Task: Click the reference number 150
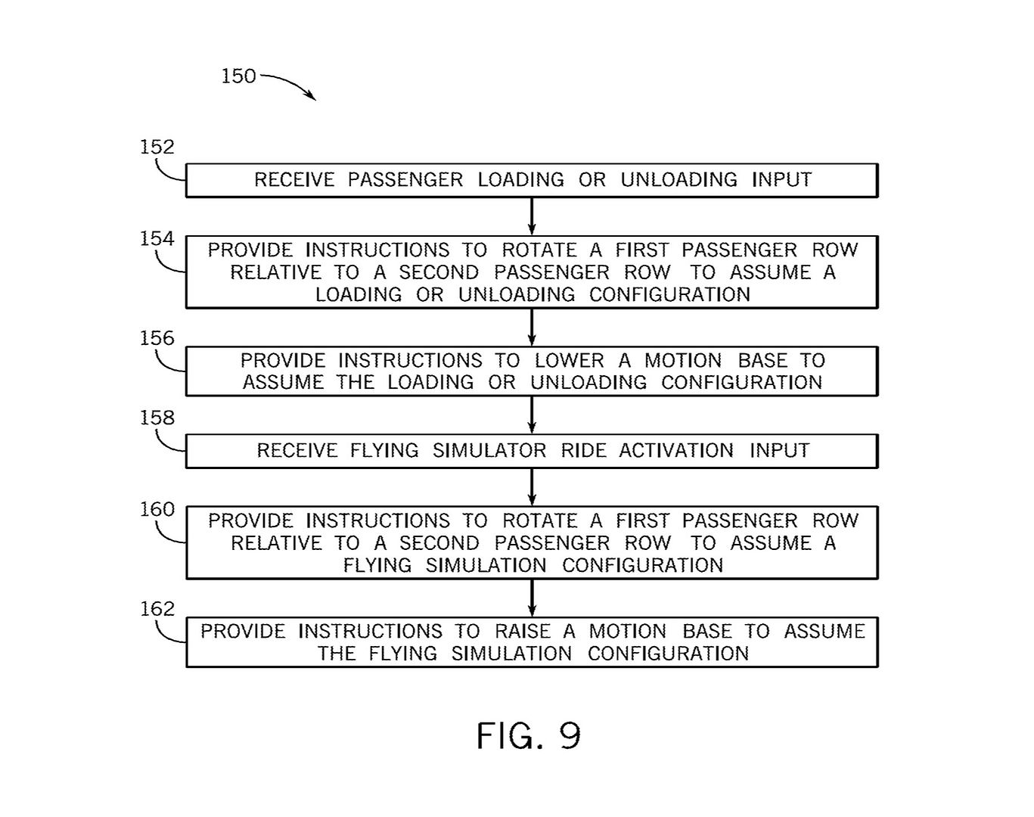[x=238, y=76]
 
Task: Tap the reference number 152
[x=157, y=147]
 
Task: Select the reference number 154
[x=157, y=239]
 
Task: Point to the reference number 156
[x=157, y=338]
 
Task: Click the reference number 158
[x=157, y=418]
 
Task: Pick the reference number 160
[x=157, y=510]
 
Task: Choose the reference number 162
[x=157, y=609]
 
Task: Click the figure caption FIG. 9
[x=528, y=735]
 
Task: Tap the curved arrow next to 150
[x=290, y=84]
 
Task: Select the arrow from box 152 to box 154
[x=532, y=216]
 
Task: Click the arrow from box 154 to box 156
[x=532, y=328]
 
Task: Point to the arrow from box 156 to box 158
[x=532, y=415]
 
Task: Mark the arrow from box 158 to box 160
[x=532, y=487]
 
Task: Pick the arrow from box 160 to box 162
[x=532, y=598]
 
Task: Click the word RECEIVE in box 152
[x=293, y=180]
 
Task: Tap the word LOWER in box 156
[x=569, y=361]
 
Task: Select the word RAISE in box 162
[x=523, y=632]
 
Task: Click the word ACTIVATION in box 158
[x=676, y=451]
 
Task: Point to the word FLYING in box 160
[x=377, y=566]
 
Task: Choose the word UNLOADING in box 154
[x=517, y=295]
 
